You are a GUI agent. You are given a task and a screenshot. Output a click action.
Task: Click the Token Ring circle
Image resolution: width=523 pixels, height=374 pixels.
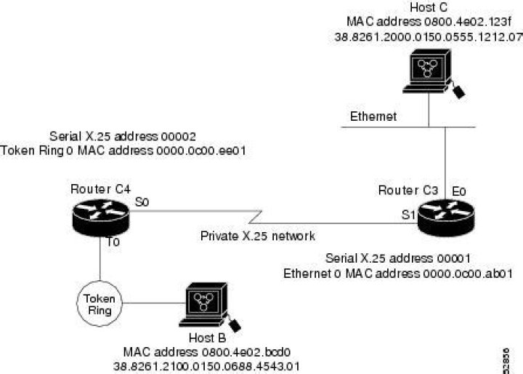tap(100, 304)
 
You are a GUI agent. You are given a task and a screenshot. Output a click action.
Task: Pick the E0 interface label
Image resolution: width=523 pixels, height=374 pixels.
tap(458, 191)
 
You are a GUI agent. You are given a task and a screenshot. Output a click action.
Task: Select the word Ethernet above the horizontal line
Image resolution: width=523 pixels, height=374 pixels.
tap(374, 116)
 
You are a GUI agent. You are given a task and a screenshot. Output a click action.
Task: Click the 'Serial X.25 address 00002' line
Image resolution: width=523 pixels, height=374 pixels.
tap(123, 136)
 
